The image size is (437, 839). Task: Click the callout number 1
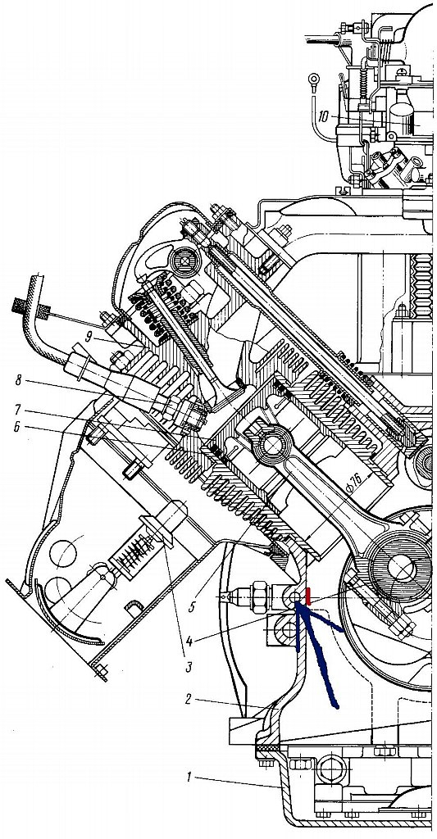(x=188, y=778)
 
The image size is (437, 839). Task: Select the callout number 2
(x=189, y=699)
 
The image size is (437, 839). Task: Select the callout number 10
(x=323, y=116)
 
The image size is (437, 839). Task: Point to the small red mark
(x=308, y=595)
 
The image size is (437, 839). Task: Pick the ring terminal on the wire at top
(x=312, y=81)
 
